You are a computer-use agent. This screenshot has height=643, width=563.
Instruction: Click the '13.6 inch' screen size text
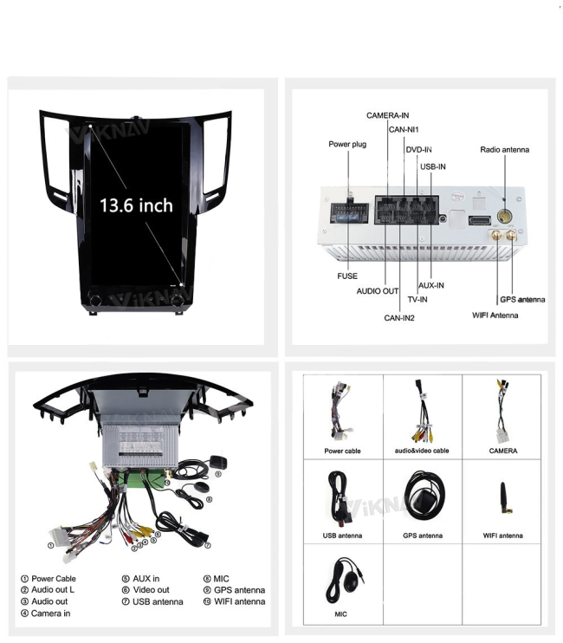(136, 205)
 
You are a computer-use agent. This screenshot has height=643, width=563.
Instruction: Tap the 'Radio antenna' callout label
(504, 150)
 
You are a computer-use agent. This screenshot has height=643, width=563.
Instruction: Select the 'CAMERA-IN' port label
(388, 115)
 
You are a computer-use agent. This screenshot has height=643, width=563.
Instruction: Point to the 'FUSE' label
(347, 276)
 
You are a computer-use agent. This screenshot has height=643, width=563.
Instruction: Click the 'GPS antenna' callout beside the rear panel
(522, 299)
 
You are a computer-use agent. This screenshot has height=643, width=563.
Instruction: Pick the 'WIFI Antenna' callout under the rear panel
(495, 315)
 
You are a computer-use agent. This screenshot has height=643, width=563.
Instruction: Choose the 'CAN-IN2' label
(399, 318)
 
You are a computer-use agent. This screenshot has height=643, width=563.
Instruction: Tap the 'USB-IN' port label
(433, 166)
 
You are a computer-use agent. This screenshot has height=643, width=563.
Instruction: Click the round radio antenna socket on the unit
(504, 215)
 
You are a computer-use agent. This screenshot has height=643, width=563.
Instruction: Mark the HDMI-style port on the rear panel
(479, 220)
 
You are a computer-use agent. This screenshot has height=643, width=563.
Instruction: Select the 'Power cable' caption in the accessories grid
(342, 451)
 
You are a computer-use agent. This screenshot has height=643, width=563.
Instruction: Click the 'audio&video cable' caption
(422, 451)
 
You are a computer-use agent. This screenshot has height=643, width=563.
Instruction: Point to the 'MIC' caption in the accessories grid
(340, 614)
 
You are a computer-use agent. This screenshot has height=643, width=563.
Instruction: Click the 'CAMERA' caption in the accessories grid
(502, 451)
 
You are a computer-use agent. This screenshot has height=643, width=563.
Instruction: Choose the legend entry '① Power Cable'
(49, 579)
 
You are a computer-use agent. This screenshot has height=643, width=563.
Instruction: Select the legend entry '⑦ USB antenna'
(152, 601)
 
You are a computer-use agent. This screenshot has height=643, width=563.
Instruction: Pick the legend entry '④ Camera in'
(46, 614)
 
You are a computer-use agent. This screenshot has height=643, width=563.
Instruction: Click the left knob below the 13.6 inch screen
(94, 299)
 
